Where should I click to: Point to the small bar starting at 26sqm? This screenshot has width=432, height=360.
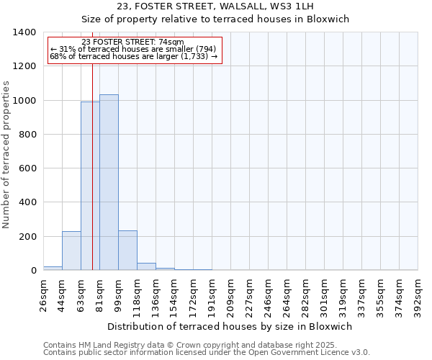tap(53, 268)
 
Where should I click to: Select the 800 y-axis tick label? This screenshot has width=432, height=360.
tap(27, 135)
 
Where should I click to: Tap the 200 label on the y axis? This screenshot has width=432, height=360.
tap(27, 237)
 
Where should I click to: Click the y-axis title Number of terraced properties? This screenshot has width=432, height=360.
tap(7, 154)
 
